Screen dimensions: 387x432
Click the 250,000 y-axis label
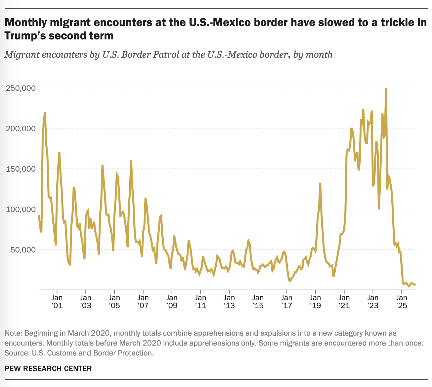[x=21, y=88]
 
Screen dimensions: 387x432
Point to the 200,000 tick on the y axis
[x=21, y=129]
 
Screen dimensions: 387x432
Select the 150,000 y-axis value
[x=21, y=169]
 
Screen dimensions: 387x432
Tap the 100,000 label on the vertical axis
[x=21, y=209]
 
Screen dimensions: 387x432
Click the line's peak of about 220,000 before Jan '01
[x=45, y=113]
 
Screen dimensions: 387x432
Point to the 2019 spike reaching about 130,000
[x=320, y=183]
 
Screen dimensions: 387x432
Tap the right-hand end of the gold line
[x=415, y=285]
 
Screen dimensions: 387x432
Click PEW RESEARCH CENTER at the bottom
[x=48, y=368]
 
